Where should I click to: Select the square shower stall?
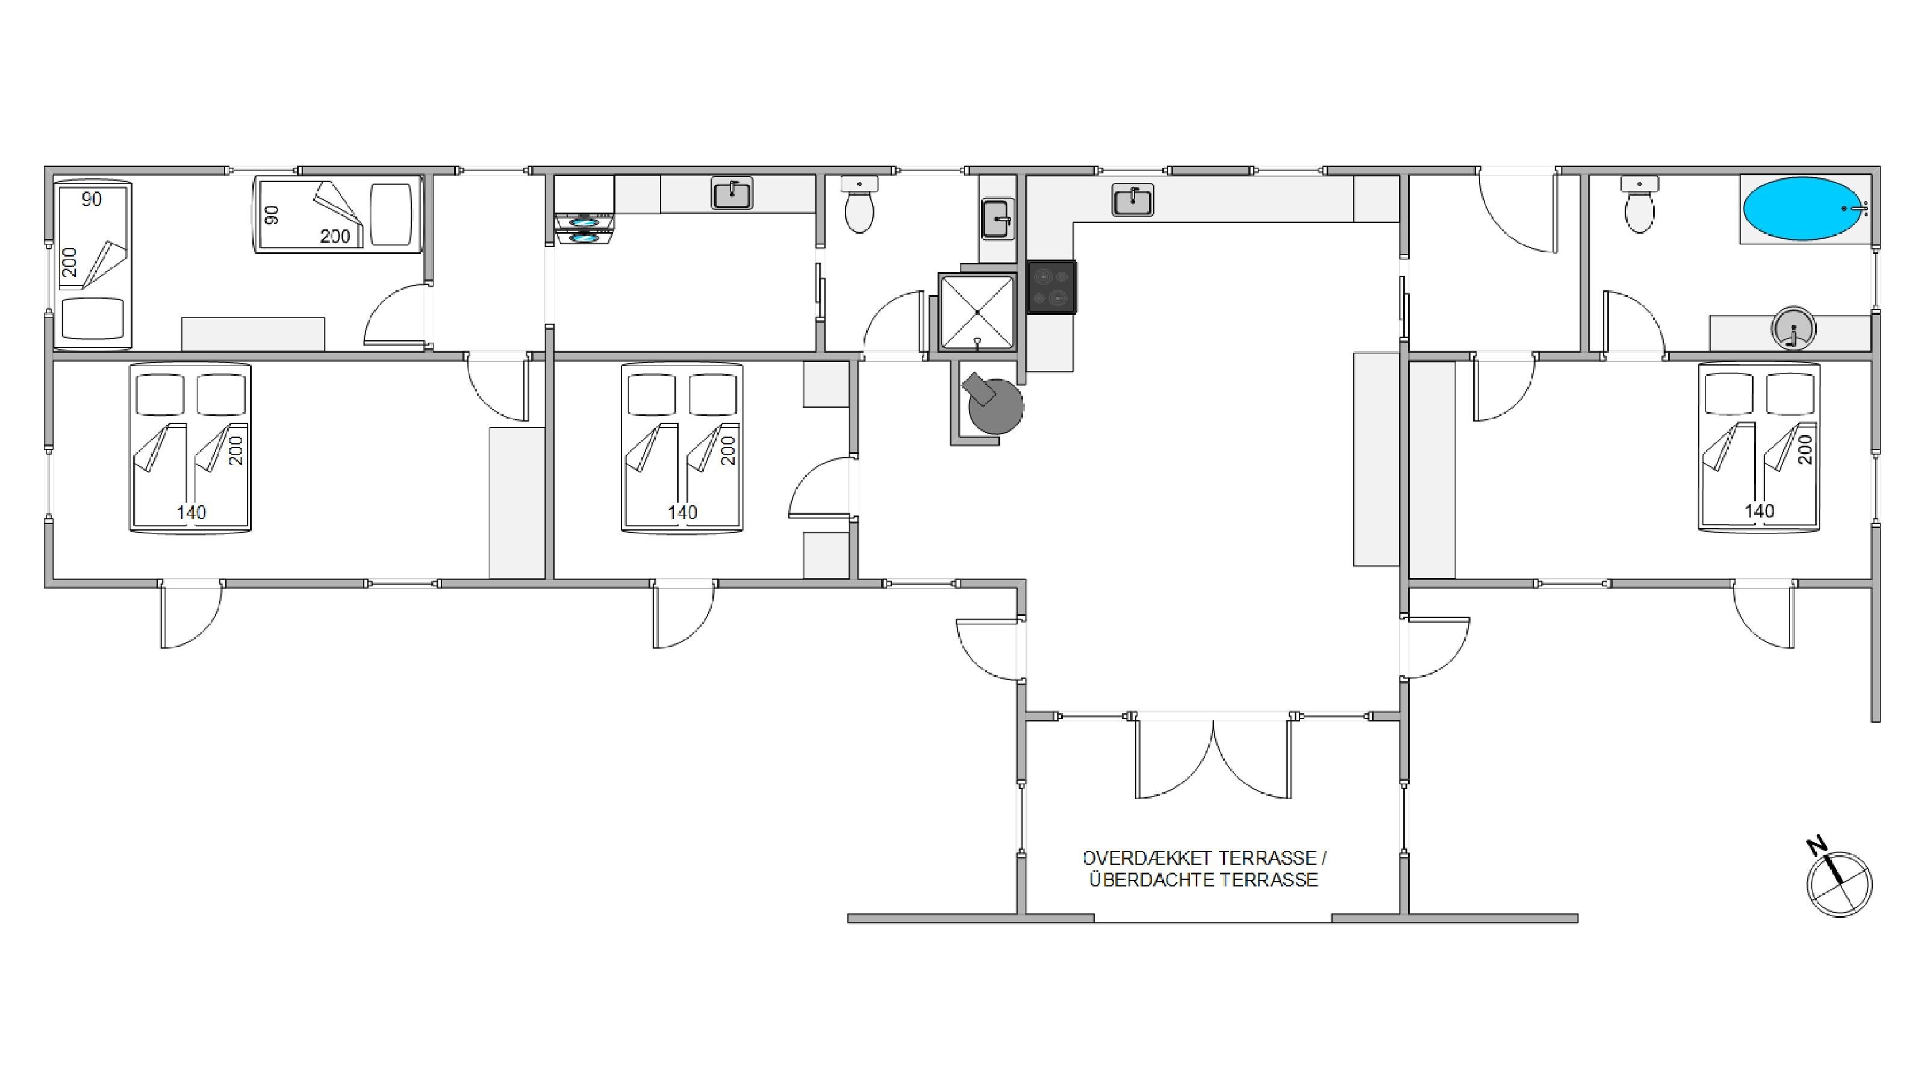pos(977,312)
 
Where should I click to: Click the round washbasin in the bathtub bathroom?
pos(1793,329)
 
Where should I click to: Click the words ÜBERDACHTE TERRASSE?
pos(1204,880)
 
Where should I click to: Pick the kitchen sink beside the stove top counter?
pos(1133,200)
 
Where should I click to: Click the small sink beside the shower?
pos(998,219)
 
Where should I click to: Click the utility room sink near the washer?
pos(732,194)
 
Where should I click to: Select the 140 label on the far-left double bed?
pos(191,512)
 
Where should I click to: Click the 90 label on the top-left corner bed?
pos(92,199)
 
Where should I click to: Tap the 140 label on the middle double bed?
pos(682,512)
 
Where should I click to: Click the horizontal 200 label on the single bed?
pos(335,237)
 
